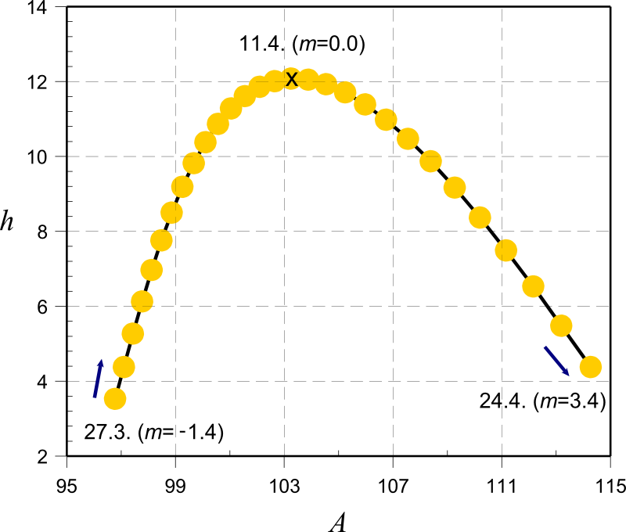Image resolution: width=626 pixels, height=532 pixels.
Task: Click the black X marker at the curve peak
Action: [x=292, y=79]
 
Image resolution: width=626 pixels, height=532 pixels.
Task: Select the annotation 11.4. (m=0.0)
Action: [x=302, y=45]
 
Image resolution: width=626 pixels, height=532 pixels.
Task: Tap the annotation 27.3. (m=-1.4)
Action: [x=153, y=432]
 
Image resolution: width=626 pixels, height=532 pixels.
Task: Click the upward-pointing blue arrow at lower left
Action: [x=98, y=378]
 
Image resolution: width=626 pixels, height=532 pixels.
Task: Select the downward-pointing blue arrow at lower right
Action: [x=557, y=359]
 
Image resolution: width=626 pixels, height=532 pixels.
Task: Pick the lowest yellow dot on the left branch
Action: [x=115, y=399]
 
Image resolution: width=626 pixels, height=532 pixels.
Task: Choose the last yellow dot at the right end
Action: [x=590, y=366]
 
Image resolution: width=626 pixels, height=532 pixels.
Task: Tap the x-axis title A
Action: [x=337, y=520]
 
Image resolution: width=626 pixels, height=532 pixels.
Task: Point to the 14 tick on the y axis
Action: [x=47, y=8]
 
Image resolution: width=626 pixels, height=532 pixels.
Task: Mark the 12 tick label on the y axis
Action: [x=47, y=82]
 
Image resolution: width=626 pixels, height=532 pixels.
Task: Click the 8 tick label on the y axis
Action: [x=51, y=232]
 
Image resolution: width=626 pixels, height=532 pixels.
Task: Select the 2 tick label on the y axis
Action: [x=51, y=456]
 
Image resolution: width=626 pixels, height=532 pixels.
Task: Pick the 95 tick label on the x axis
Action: [x=67, y=487]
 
